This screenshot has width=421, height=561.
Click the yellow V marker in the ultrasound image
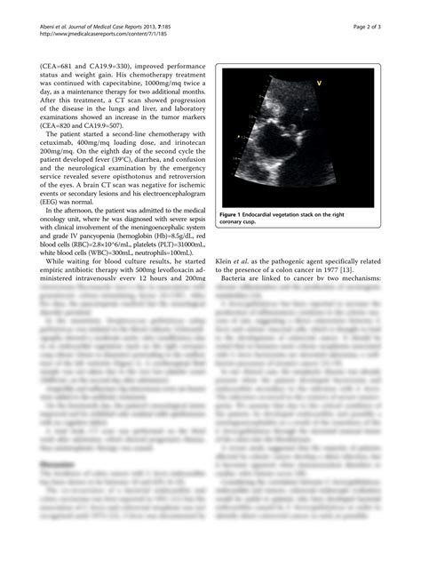pyautogui.click(x=318, y=82)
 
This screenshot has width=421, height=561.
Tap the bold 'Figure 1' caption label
pyautogui.click(x=239, y=214)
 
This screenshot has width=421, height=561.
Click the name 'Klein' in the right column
pyautogui.click(x=227, y=261)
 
